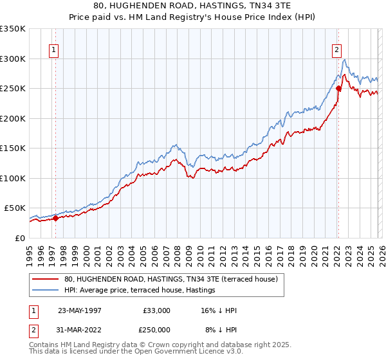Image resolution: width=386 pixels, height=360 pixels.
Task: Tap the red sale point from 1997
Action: pyautogui.click(x=55, y=218)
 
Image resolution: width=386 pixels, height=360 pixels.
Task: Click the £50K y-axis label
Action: pyautogui.click(x=15, y=208)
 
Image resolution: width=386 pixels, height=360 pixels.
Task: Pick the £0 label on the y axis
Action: pyautogui.click(x=20, y=238)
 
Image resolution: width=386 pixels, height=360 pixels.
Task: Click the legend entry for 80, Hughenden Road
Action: pyautogui.click(x=170, y=279)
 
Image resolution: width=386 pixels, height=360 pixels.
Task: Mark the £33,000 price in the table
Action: pyautogui.click(x=156, y=310)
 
